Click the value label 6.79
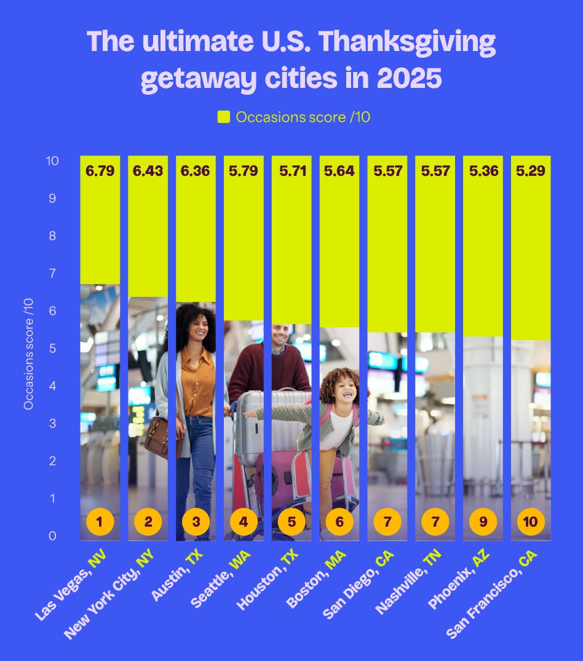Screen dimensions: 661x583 [100, 171]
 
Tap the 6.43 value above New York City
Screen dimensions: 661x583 [148, 171]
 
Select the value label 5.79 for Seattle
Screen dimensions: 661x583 [244, 171]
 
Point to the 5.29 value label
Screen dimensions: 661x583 [531, 171]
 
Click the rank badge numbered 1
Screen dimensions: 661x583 [100, 522]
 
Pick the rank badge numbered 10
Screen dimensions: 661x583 [531, 522]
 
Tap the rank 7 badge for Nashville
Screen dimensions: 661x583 [435, 522]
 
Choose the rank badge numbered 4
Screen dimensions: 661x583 [244, 522]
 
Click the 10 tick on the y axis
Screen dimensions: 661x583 [52, 161]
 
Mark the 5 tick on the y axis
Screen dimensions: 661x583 [54, 349]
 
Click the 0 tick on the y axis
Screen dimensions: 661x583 [54, 536]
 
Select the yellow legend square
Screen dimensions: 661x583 [224, 117]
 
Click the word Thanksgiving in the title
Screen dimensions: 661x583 [407, 42]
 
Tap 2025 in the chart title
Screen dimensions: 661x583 [407, 79]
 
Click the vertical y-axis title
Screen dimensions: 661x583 [28, 353]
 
